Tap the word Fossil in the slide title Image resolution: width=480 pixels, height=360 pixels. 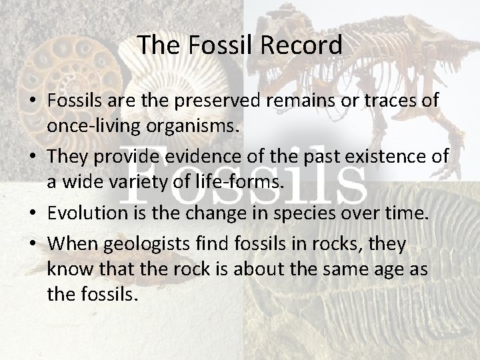[x=217, y=45]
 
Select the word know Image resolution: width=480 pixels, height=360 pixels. [x=69, y=269]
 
